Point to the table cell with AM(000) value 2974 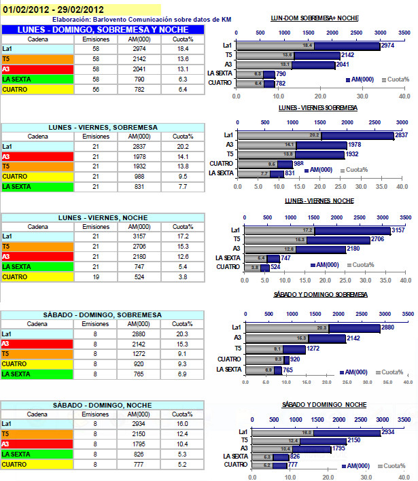click(139, 50)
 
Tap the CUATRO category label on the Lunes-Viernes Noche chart click(228, 267)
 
